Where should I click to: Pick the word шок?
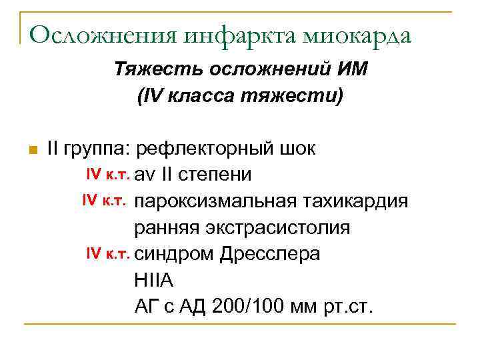tap(301, 148)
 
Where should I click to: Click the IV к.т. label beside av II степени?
tap(109, 175)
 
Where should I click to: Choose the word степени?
tap(218, 175)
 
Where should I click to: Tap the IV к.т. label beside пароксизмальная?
tap(106, 201)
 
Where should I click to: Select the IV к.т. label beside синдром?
tap(109, 254)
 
